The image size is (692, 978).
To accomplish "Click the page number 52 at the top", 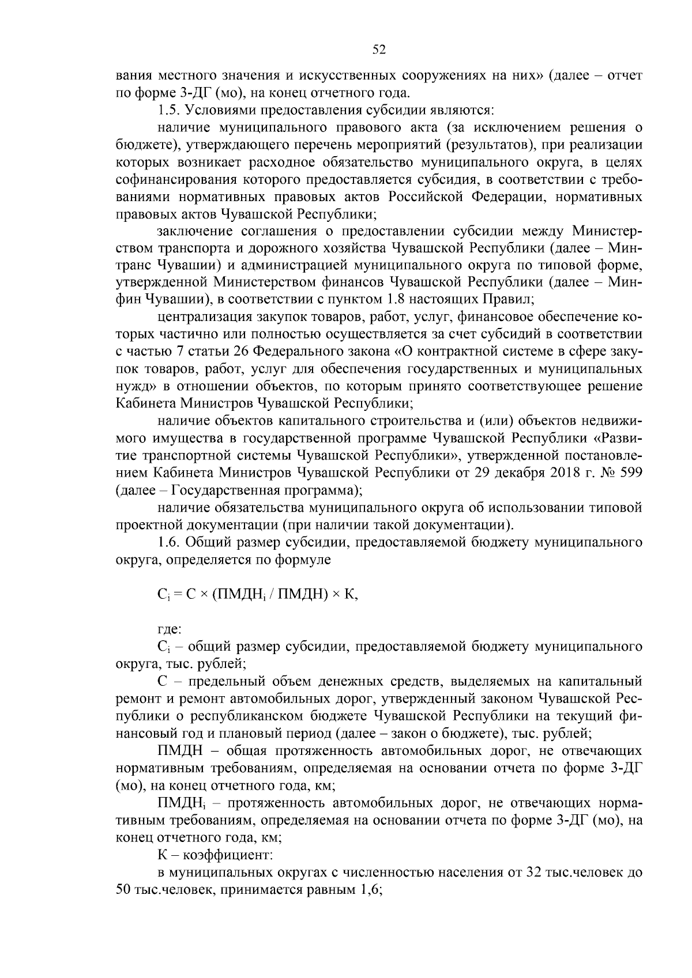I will tap(379, 50).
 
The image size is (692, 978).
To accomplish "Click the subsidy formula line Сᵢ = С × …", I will tap(258, 595).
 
